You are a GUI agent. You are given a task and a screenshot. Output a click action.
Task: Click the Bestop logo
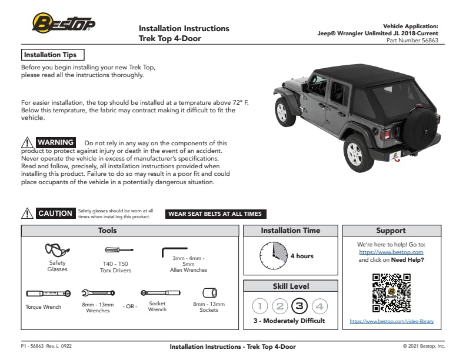click(63, 24)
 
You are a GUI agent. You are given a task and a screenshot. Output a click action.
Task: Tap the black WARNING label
click(55, 142)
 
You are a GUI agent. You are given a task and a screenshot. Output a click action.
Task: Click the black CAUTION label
click(55, 214)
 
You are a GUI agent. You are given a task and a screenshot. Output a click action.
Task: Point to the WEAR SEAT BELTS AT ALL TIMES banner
click(215, 214)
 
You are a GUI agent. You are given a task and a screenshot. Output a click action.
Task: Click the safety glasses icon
click(57, 250)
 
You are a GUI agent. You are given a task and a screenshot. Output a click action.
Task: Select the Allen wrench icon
click(174, 252)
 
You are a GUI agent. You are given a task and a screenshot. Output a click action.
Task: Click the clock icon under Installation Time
click(274, 256)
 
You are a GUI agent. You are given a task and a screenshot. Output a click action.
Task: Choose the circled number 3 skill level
click(300, 306)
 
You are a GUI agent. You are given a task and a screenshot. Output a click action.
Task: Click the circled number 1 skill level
click(261, 306)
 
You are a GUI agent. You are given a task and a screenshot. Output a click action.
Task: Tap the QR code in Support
click(391, 292)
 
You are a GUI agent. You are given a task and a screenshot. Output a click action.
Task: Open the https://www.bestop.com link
click(391, 252)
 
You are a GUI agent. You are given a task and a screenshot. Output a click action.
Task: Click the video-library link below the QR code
click(391, 321)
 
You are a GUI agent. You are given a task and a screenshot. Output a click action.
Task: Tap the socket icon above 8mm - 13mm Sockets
click(209, 292)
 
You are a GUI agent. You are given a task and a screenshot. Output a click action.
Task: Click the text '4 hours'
click(302, 256)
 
